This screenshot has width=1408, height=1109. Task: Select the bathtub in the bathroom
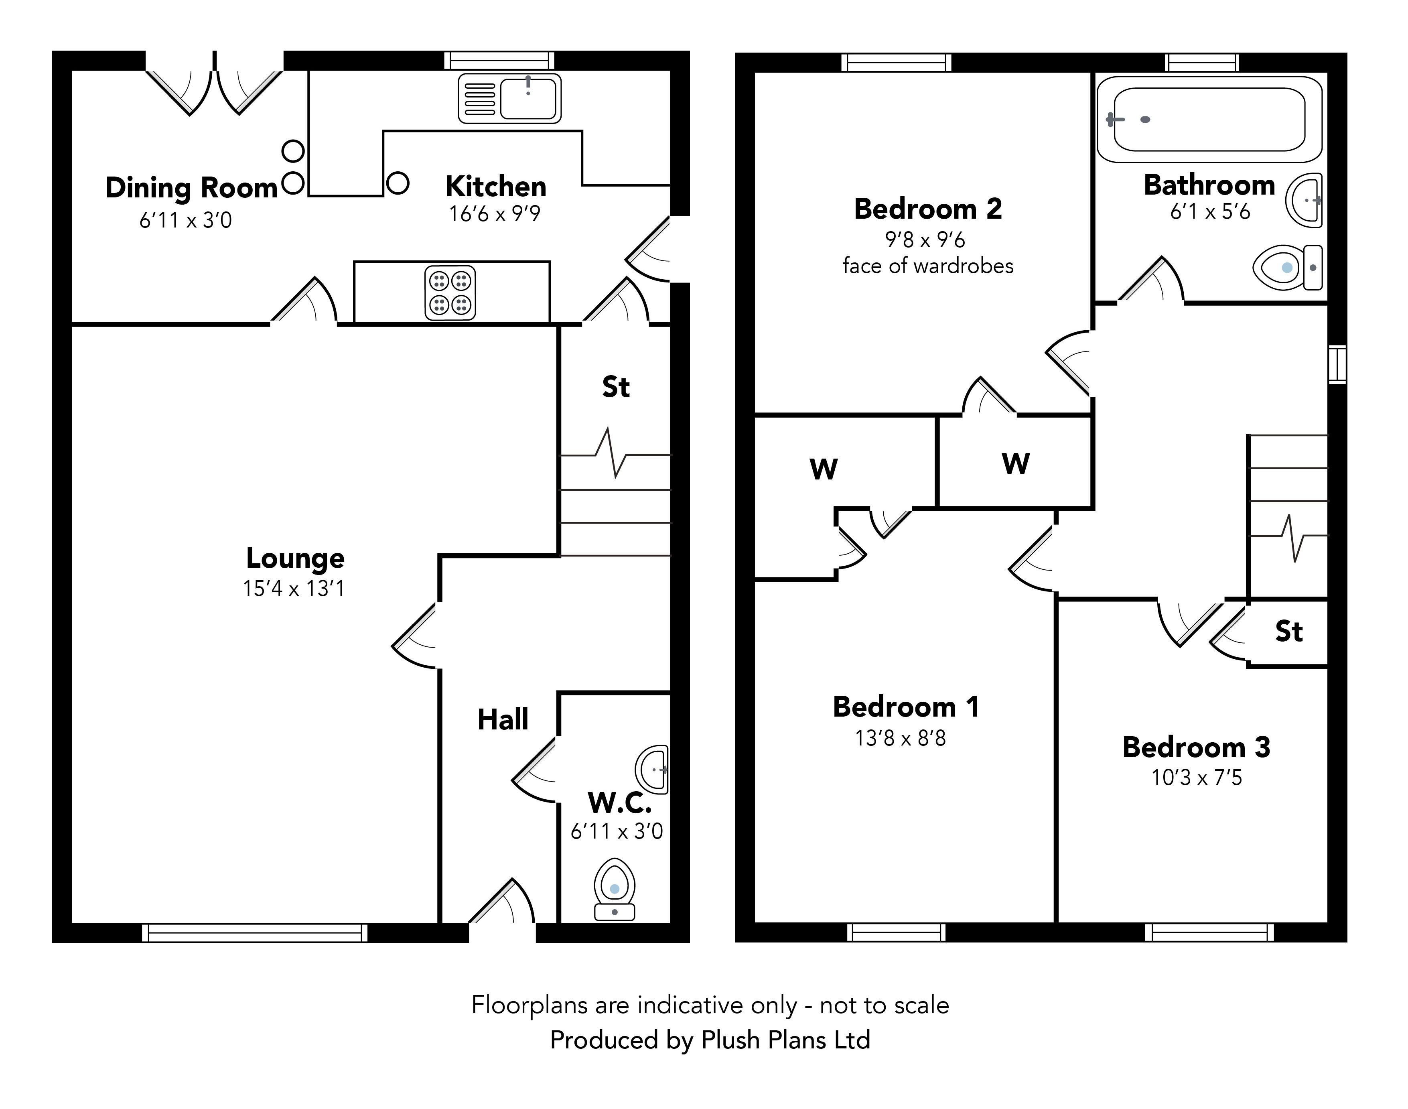[1209, 120]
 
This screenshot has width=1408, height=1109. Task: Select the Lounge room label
[295, 559]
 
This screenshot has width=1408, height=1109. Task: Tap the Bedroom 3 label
[1196, 747]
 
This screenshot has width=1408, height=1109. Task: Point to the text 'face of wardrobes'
[927, 266]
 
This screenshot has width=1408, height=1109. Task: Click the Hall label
[503, 719]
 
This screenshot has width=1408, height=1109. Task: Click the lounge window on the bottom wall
[254, 932]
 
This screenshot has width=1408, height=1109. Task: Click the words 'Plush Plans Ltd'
[785, 1040]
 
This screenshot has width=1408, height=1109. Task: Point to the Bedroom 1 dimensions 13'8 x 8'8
[901, 738]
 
